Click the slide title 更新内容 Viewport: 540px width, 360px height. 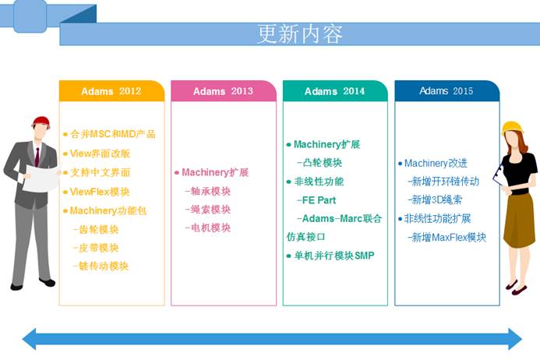[300, 34]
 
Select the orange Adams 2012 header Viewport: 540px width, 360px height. [111, 91]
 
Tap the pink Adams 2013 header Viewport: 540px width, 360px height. [224, 91]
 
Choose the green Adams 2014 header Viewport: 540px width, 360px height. [335, 91]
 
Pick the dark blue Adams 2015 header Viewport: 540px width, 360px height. [447, 91]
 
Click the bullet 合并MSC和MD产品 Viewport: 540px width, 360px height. [110, 134]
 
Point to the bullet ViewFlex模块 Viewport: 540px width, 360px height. [97, 192]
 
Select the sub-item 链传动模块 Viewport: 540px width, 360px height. [101, 266]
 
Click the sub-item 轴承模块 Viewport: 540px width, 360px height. [208, 191]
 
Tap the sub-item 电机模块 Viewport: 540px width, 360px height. [208, 228]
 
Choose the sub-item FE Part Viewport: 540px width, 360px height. [316, 200]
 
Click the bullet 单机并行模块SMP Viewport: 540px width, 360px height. [330, 256]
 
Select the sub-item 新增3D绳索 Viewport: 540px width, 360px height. [435, 199]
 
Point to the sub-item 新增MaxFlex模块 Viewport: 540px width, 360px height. [446, 237]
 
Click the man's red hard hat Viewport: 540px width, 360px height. [41, 122]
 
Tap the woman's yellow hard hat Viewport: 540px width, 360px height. [512, 128]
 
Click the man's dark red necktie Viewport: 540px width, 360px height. [37, 157]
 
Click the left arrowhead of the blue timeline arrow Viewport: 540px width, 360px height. [30, 339]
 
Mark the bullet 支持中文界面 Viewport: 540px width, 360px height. [97, 172]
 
